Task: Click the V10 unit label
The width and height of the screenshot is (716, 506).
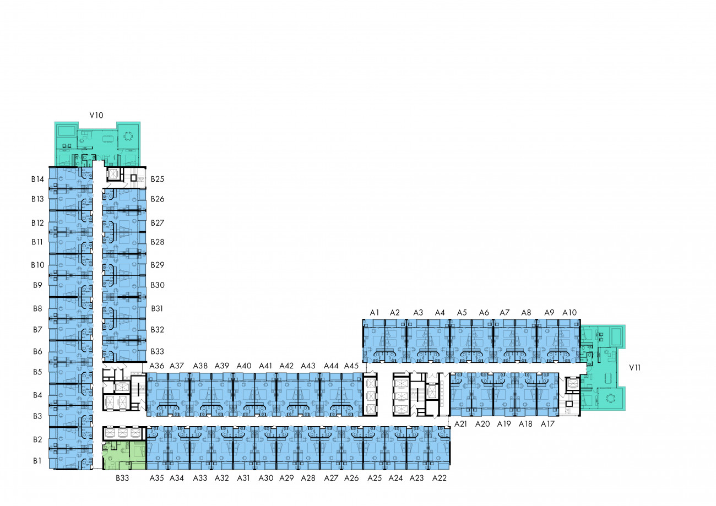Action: pos(96,115)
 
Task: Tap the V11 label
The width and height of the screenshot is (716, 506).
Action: pos(635,368)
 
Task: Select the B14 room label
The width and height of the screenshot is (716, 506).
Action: pos(37,179)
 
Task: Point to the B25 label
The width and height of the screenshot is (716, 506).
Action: pos(158,179)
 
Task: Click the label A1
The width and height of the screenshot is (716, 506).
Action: pos(375,313)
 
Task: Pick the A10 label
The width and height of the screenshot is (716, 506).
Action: pos(569,313)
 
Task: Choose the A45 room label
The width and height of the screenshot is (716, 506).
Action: pos(351,366)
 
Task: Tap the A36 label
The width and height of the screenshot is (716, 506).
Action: pos(156,366)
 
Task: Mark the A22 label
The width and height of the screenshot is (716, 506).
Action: pos(439,478)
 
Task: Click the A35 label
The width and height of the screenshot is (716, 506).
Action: pos(156,478)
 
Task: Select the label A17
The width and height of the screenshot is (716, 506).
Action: pos(547,424)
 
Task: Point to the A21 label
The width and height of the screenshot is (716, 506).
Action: pos(460,424)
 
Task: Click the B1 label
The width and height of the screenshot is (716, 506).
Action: pos(37,461)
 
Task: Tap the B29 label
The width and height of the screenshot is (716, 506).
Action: pos(158,265)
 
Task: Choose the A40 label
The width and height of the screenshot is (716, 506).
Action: pos(244,366)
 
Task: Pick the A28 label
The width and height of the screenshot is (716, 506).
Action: pos(308,478)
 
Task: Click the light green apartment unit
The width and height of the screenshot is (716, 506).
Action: pos(124,455)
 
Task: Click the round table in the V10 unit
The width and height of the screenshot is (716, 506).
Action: pos(128,137)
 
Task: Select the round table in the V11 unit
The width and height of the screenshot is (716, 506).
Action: pos(611,398)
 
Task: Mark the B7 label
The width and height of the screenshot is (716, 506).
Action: pos(37,330)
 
